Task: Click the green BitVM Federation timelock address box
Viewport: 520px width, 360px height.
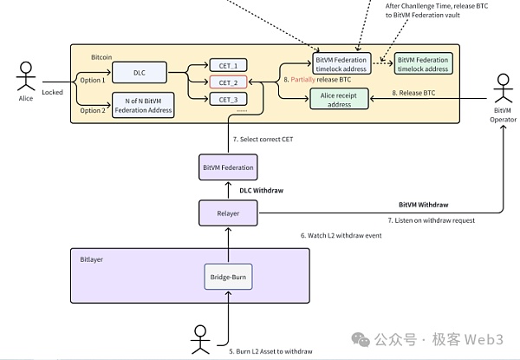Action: click(x=423, y=64)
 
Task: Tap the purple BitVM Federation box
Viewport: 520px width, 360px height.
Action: click(x=227, y=167)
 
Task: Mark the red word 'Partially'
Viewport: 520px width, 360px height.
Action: click(x=303, y=79)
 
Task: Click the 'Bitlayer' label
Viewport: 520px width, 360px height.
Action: click(x=91, y=259)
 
